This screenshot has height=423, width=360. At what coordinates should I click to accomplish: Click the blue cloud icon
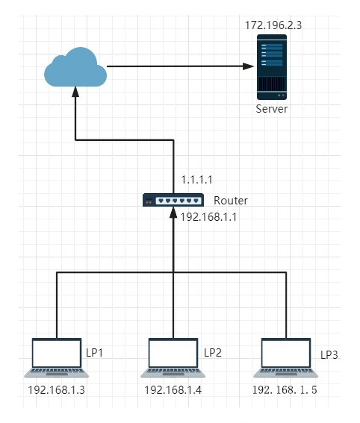tap(75, 67)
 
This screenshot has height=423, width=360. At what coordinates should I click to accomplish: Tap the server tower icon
tap(272, 67)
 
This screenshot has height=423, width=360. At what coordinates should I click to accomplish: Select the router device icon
tap(173, 200)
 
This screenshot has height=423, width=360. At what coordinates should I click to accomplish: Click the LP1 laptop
tap(57, 357)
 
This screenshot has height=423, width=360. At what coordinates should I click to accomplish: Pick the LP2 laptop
tap(173, 357)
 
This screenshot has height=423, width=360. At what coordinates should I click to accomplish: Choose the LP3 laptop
tap(286, 357)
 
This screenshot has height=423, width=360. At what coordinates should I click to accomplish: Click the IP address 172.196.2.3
tap(273, 25)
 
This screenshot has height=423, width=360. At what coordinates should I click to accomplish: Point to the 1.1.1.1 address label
tap(196, 180)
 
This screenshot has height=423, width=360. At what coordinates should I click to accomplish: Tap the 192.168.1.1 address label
tap(208, 217)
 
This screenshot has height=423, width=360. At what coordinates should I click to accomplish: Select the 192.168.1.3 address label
tap(57, 390)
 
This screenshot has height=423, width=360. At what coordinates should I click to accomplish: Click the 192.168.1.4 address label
tap(173, 390)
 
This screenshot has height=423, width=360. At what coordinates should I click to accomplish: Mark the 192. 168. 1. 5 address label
tap(285, 390)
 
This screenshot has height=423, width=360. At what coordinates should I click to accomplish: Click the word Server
tap(272, 109)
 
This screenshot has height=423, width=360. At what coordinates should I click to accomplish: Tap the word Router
tap(231, 201)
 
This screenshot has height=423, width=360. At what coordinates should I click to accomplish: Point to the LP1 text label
tap(95, 353)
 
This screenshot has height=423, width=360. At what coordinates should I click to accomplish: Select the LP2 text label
tap(213, 353)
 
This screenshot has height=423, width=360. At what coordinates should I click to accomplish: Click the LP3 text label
tap(329, 355)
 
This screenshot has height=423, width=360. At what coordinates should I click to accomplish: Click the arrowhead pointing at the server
tap(248, 66)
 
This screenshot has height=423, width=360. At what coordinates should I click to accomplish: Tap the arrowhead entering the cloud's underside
tap(75, 92)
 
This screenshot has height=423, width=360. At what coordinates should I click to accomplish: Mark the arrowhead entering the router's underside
tap(173, 213)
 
